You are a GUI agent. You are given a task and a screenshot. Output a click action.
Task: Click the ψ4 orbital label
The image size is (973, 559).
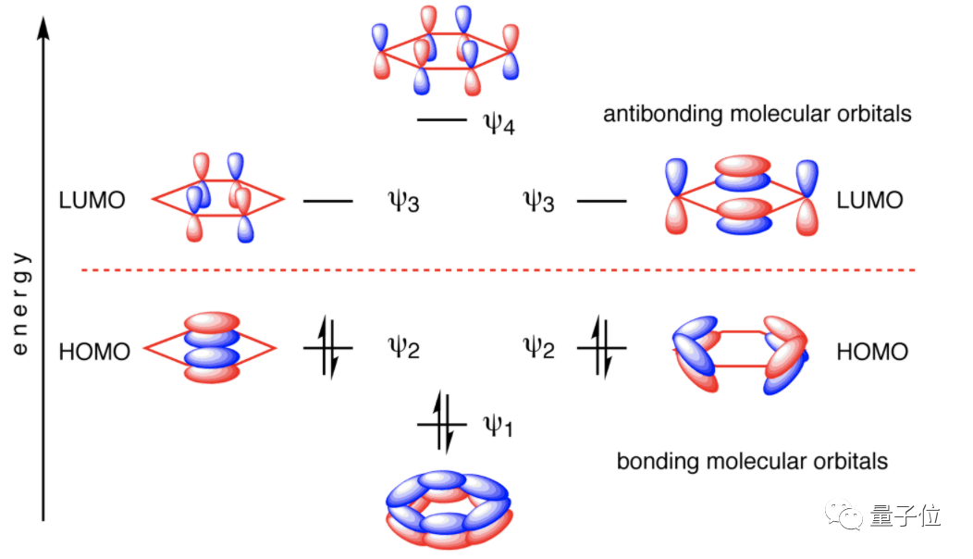[x=498, y=122]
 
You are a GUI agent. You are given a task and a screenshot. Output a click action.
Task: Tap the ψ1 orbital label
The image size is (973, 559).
[x=498, y=427]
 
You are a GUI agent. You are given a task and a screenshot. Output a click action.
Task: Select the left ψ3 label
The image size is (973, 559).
[x=402, y=201]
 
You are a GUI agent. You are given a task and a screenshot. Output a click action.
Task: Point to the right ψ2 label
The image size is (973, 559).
[x=539, y=349]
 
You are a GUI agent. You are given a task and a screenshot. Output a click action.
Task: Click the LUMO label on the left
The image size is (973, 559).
[x=92, y=200]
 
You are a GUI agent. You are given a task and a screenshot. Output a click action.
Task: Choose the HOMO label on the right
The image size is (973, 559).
[x=871, y=352]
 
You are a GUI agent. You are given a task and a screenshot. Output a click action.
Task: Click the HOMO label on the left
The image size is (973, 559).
[x=93, y=352]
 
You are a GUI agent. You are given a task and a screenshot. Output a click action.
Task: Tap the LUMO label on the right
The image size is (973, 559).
[x=869, y=200]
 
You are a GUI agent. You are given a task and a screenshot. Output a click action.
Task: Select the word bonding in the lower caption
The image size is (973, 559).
[x=653, y=461]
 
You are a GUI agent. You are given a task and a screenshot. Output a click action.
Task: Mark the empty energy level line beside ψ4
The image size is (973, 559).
[x=441, y=120]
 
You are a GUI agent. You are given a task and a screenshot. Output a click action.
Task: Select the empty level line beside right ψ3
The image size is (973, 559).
[x=601, y=200]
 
